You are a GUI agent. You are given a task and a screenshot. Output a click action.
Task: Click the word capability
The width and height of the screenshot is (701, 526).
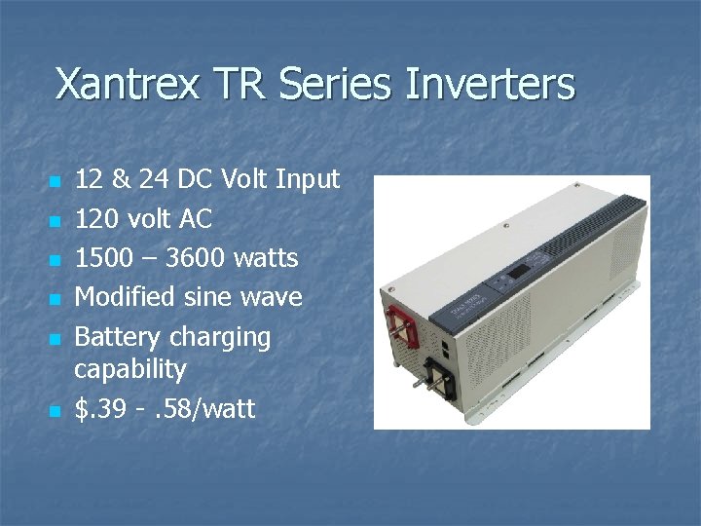tap(129, 370)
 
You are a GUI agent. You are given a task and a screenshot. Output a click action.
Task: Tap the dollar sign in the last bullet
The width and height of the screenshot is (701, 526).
tap(82, 409)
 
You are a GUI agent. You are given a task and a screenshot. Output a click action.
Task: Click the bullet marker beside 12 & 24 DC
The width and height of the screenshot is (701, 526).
tap(55, 182)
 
